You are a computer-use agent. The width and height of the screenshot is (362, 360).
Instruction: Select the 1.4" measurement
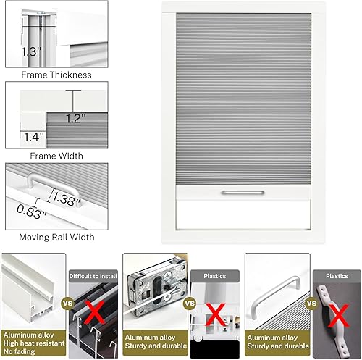point(32,135)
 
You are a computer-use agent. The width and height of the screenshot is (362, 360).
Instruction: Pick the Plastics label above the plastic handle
point(337,276)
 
